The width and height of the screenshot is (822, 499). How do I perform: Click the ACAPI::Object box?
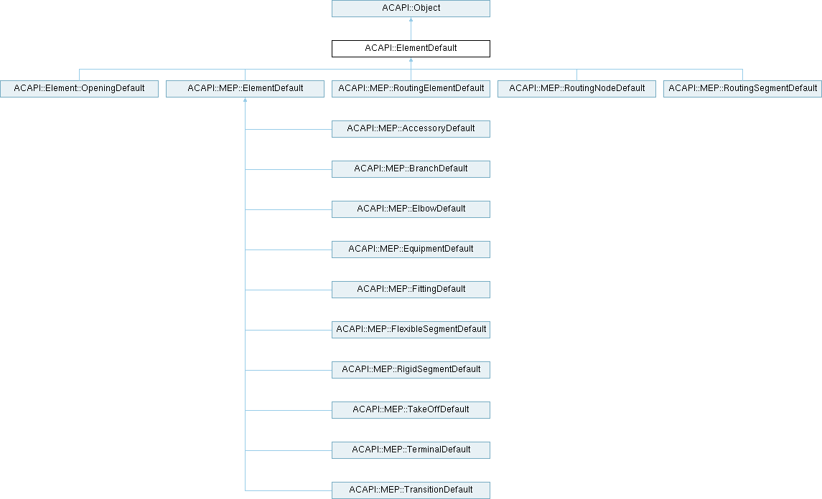pyautogui.click(x=411, y=9)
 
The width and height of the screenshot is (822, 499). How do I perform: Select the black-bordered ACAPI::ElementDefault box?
pyautogui.click(x=411, y=49)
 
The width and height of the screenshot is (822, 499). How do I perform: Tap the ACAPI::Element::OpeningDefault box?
pyautogui.click(x=79, y=88)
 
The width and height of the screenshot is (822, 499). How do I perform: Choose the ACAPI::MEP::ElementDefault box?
pyautogui.click(x=245, y=88)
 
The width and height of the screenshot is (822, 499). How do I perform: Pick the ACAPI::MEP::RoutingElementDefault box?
pyautogui.click(x=411, y=88)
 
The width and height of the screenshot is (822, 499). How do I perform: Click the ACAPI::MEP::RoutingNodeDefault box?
pyautogui.click(x=576, y=88)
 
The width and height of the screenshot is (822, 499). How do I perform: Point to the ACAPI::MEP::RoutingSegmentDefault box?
pyautogui.click(x=742, y=88)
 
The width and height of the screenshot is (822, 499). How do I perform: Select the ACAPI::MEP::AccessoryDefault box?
pyautogui.click(x=411, y=129)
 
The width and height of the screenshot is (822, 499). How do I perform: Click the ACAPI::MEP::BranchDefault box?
pyautogui.click(x=411, y=169)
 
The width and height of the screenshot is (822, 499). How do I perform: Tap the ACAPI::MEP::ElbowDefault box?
pyautogui.click(x=411, y=209)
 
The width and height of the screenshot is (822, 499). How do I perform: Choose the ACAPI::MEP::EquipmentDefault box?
pyautogui.click(x=411, y=249)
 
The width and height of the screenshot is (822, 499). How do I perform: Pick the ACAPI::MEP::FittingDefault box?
pyautogui.click(x=411, y=290)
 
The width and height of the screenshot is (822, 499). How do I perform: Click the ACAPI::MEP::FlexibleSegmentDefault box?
pyautogui.click(x=411, y=329)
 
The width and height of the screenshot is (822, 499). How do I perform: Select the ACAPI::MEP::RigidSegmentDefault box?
pyautogui.click(x=411, y=370)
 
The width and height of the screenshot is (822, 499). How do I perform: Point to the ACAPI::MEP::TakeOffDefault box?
pyautogui.click(x=411, y=410)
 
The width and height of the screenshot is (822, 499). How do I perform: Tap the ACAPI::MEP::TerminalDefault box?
pyautogui.click(x=411, y=450)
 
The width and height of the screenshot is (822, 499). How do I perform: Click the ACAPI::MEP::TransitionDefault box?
pyautogui.click(x=411, y=490)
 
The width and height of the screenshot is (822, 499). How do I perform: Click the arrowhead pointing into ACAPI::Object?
pyautogui.click(x=411, y=20)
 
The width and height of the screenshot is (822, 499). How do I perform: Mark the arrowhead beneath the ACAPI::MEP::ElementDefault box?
pyautogui.click(x=245, y=100)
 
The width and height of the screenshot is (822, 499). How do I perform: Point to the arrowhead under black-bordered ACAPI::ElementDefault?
pyautogui.click(x=411, y=60)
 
